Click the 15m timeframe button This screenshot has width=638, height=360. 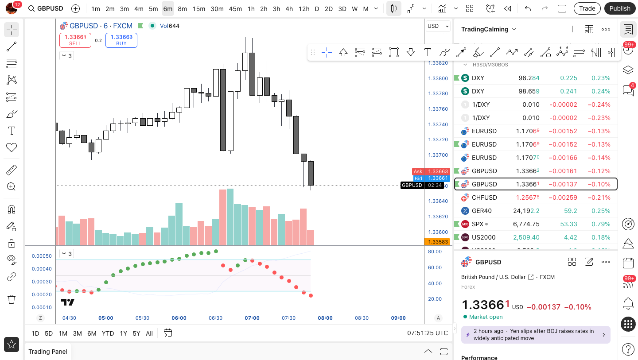pyautogui.click(x=199, y=9)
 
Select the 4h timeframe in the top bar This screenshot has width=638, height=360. pyautogui.click(x=289, y=9)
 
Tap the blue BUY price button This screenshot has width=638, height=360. pyautogui.click(x=121, y=40)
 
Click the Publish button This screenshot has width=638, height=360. pyautogui.click(x=620, y=8)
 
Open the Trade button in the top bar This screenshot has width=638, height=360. pyautogui.click(x=587, y=8)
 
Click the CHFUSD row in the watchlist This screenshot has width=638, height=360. pyautogui.click(x=536, y=197)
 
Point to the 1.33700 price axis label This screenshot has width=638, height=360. pyautogui.click(x=438, y=155)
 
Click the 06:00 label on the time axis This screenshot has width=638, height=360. pyautogui.click(x=179, y=318)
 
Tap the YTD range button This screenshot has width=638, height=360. pyautogui.click(x=108, y=333)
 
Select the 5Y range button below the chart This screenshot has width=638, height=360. pyautogui.click(x=136, y=333)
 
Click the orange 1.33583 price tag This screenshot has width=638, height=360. pyautogui.click(x=438, y=242)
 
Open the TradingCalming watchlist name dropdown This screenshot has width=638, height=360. pyautogui.click(x=488, y=29)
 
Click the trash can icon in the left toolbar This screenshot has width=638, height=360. pyautogui.click(x=12, y=299)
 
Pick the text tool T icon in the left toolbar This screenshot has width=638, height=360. pyautogui.click(x=12, y=131)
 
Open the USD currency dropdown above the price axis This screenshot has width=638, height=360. pyautogui.click(x=438, y=26)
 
